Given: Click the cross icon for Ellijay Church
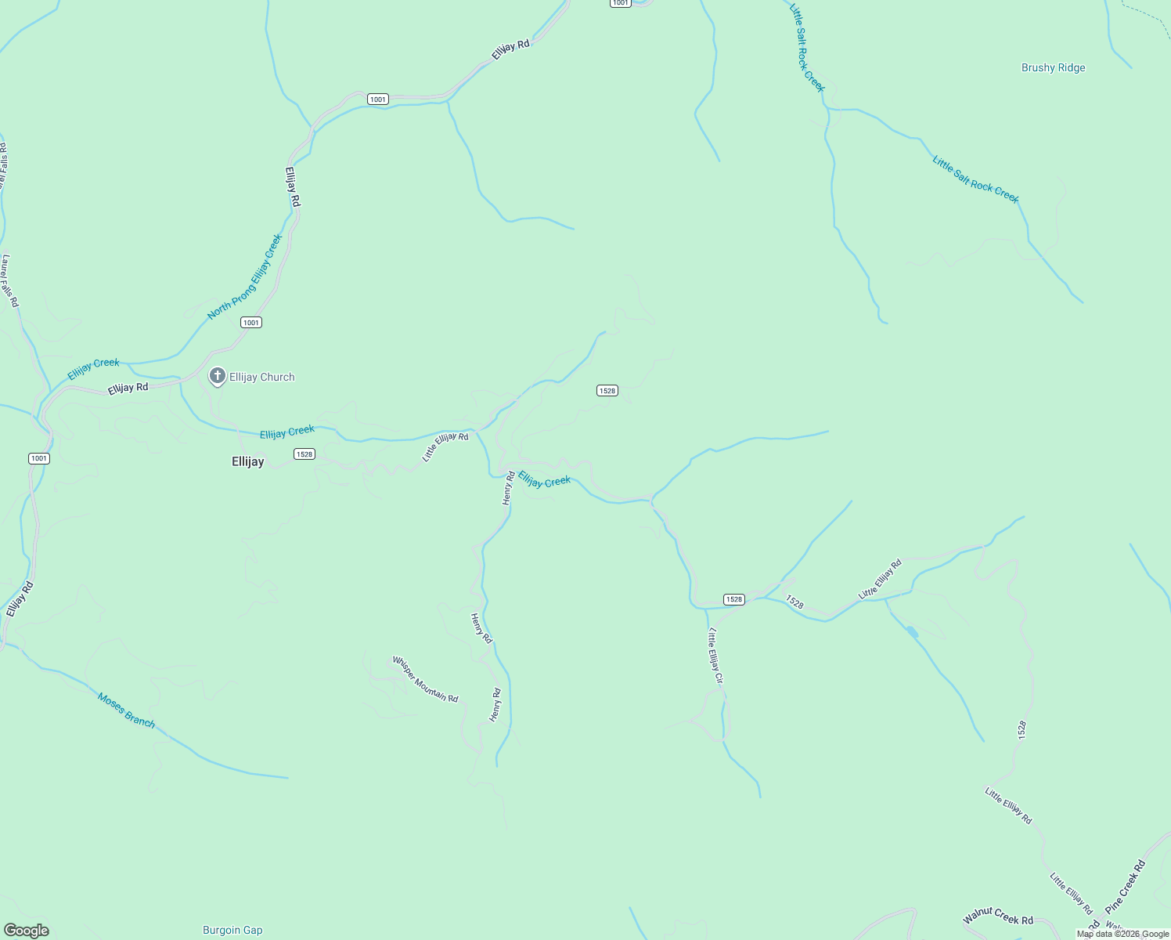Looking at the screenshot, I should tap(218, 377).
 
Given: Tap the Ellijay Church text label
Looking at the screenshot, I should tap(261, 377).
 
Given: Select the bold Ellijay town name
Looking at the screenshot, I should tap(247, 461).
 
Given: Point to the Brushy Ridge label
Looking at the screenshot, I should tap(1053, 68).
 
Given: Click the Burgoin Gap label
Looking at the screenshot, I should tap(232, 930).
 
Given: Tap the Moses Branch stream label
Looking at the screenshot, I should tap(126, 710).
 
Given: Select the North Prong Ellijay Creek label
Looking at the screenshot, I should tap(245, 277).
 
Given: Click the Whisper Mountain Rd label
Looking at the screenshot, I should tap(425, 679).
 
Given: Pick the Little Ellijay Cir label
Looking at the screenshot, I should tap(715, 656).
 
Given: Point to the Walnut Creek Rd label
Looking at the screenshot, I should tap(998, 915).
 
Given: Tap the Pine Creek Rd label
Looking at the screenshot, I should tap(1126, 887).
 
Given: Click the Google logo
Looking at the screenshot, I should tap(27, 931).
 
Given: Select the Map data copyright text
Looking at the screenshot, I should tap(1122, 934).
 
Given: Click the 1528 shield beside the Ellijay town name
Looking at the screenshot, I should tap(304, 454).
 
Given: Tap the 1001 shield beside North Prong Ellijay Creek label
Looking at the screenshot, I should tap(251, 323).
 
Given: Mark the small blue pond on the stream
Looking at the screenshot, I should tap(911, 631).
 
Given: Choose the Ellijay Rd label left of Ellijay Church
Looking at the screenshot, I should tap(128, 388).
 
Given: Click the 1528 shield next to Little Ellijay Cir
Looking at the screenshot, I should tap(733, 599).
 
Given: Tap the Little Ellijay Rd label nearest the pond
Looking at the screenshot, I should tap(880, 579).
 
